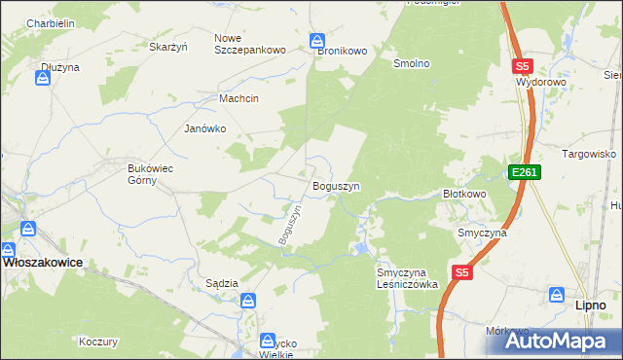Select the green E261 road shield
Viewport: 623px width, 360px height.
tap(524, 172)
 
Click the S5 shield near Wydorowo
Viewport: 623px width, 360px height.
tap(522, 66)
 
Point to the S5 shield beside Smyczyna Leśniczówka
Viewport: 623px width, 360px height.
tap(461, 274)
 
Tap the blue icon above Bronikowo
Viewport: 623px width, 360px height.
tap(317, 41)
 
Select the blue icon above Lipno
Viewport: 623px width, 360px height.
tap(557, 294)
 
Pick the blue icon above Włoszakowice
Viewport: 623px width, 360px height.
tap(28, 231)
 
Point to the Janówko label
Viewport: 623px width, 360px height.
tap(205, 128)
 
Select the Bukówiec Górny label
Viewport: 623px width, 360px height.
tap(151, 173)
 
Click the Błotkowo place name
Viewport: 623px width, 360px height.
tap(464, 194)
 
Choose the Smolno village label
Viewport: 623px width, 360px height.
tap(411, 63)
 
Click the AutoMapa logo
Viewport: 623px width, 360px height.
tap(562, 342)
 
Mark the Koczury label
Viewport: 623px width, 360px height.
tap(98, 342)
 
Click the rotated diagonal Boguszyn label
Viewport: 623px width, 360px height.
tap(291, 225)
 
